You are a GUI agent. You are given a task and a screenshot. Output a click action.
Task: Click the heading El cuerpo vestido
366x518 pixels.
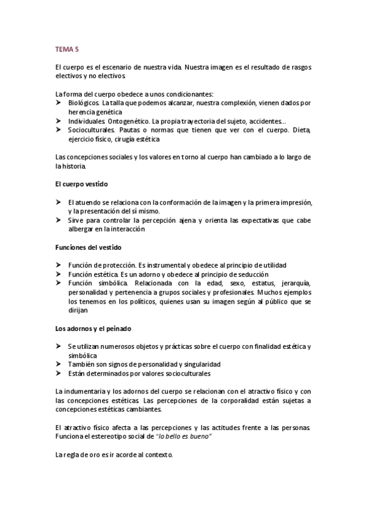pos(82,184)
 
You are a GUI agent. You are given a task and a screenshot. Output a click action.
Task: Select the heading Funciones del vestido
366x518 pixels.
pos(88,247)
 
